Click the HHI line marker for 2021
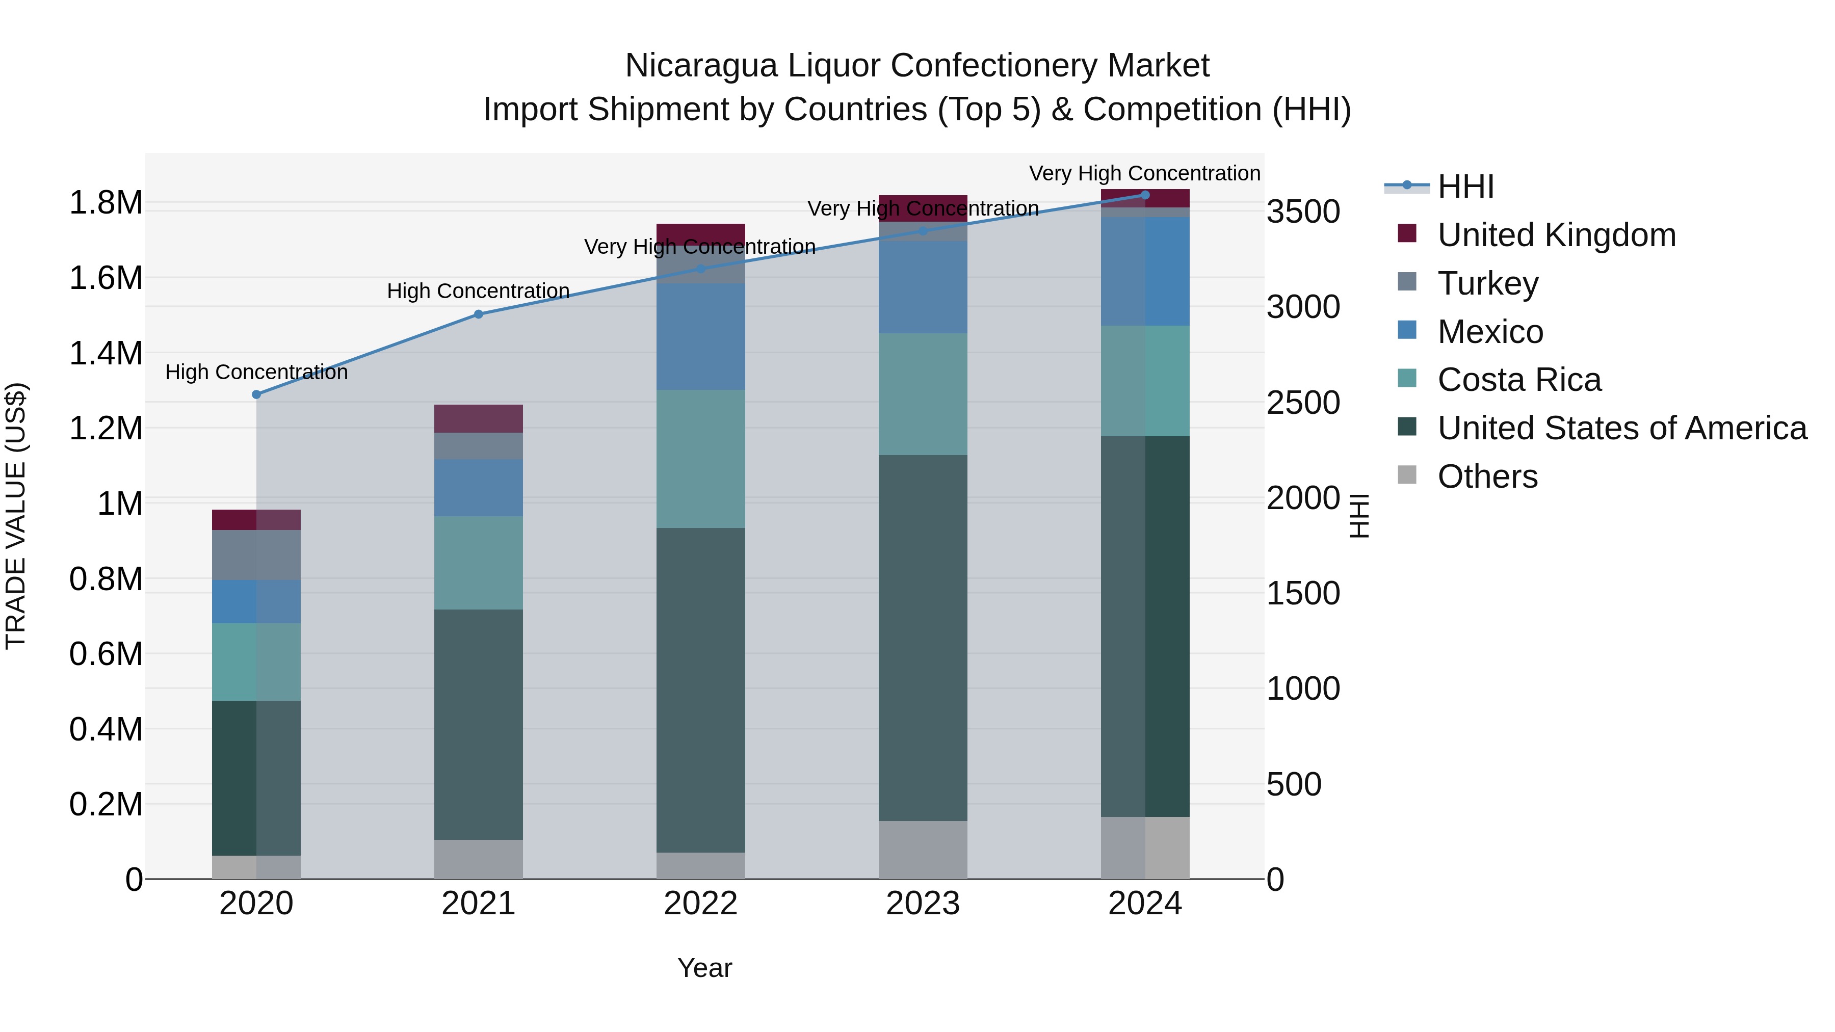point(479,314)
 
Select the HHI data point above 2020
point(256,394)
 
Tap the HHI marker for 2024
point(1145,195)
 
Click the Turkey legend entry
point(1487,283)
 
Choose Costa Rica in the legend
point(1519,380)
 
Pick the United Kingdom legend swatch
point(1407,233)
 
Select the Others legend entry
point(1487,477)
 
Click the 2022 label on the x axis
point(700,904)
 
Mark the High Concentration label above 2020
point(256,373)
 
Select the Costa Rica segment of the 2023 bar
point(923,394)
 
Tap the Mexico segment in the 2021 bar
point(479,488)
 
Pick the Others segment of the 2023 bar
point(923,850)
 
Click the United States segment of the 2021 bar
point(479,724)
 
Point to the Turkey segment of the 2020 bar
point(256,555)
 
